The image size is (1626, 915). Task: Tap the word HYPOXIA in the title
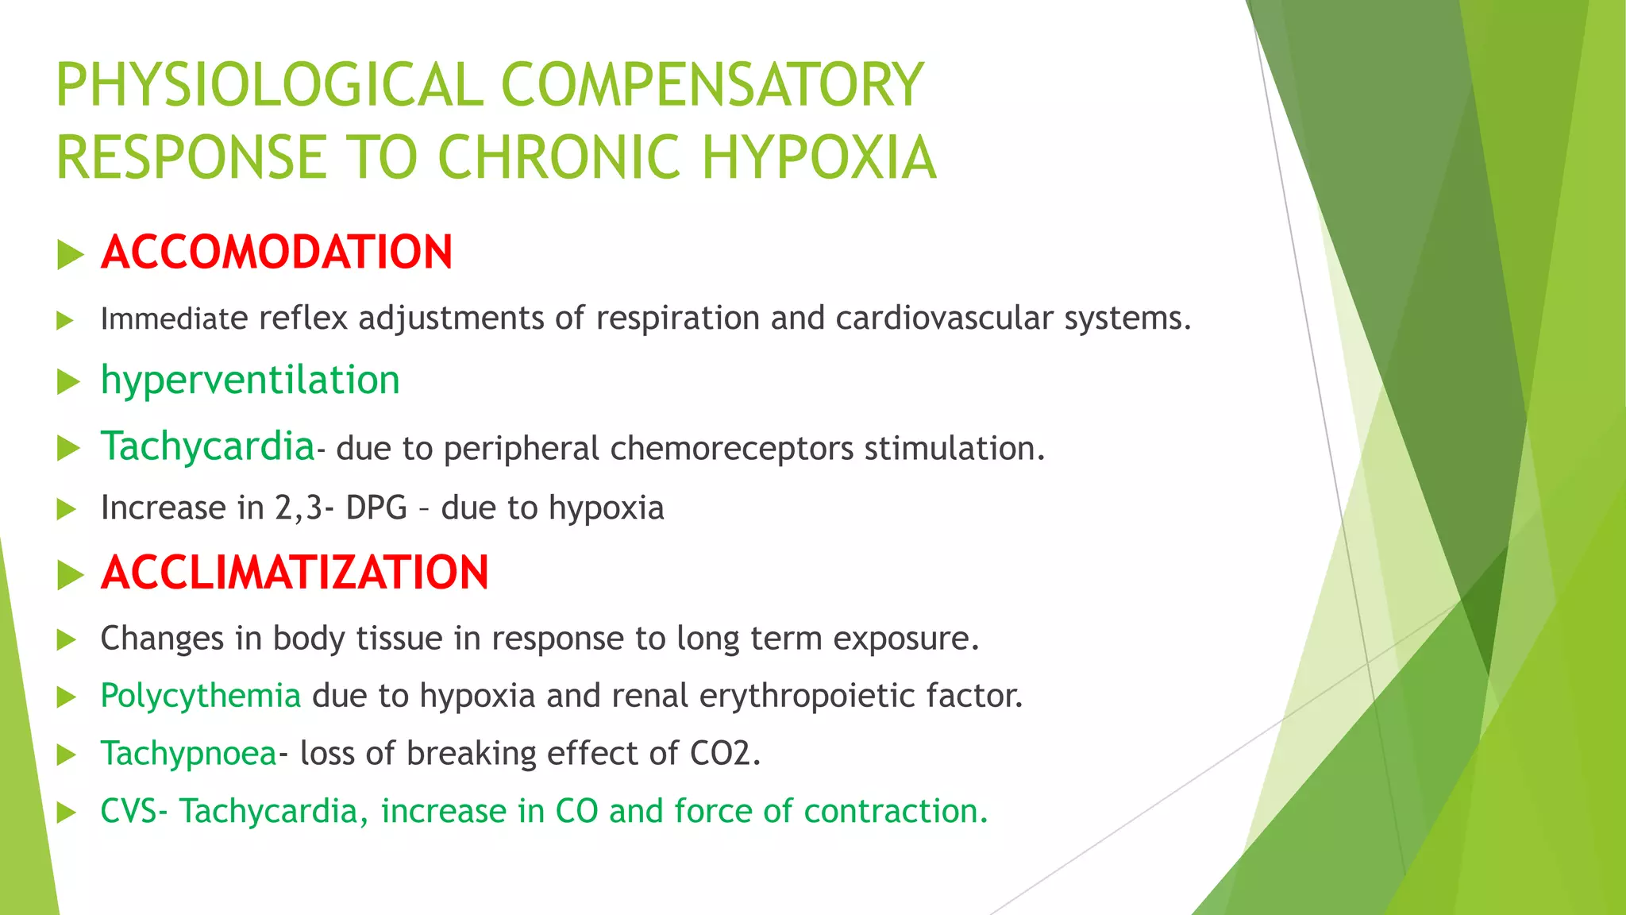click(x=819, y=157)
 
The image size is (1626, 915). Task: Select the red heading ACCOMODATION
click(x=276, y=253)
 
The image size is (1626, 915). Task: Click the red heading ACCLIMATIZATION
click(x=295, y=573)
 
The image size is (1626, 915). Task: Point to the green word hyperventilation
click(x=250, y=380)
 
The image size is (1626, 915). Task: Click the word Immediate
click(x=175, y=319)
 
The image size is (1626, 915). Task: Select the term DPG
click(x=376, y=508)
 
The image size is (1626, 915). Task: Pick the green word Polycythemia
click(x=200, y=696)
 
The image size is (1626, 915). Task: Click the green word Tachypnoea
click(x=188, y=754)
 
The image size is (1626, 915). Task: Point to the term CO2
click(x=719, y=754)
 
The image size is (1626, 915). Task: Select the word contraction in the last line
click(x=895, y=811)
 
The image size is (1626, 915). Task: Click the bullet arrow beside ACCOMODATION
click(x=71, y=256)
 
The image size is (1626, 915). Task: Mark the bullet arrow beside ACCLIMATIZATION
click(x=71, y=575)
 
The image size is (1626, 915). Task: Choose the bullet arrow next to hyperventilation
click(x=70, y=383)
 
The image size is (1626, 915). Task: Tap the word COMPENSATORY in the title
click(x=712, y=85)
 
